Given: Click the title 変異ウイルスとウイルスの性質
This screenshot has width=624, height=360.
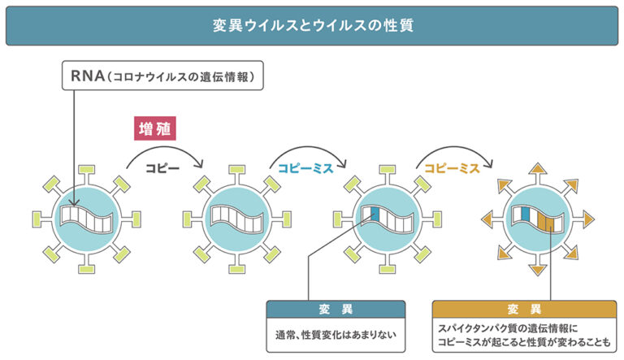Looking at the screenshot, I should (x=311, y=25).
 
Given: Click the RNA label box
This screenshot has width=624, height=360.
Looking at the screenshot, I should (x=163, y=77).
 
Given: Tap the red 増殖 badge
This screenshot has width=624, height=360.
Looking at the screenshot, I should (x=155, y=128).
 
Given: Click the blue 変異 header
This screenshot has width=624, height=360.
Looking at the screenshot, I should (x=336, y=309).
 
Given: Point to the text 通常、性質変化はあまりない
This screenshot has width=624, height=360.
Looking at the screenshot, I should (x=336, y=332).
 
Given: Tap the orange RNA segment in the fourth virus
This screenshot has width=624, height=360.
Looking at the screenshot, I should (x=550, y=222).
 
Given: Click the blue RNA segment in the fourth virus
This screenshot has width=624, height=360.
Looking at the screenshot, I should (x=524, y=215).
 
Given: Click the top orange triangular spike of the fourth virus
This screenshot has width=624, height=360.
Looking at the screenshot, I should (x=537, y=169).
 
